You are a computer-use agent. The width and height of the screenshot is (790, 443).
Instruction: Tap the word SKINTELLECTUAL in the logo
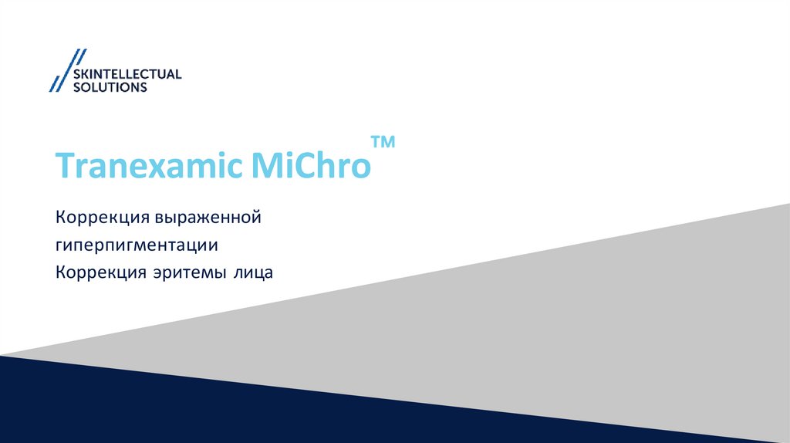(127, 74)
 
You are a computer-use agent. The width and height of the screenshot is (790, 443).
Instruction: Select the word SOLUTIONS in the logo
(109, 87)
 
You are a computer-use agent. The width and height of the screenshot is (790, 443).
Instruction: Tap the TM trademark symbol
(383, 143)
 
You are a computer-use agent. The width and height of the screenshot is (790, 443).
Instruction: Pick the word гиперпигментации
(137, 245)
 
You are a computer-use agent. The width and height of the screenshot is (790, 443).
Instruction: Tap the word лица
(255, 272)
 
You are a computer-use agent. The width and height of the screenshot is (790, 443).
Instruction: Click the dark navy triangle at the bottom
(193, 409)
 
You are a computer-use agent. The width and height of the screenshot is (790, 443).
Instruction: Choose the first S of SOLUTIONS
(76, 87)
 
